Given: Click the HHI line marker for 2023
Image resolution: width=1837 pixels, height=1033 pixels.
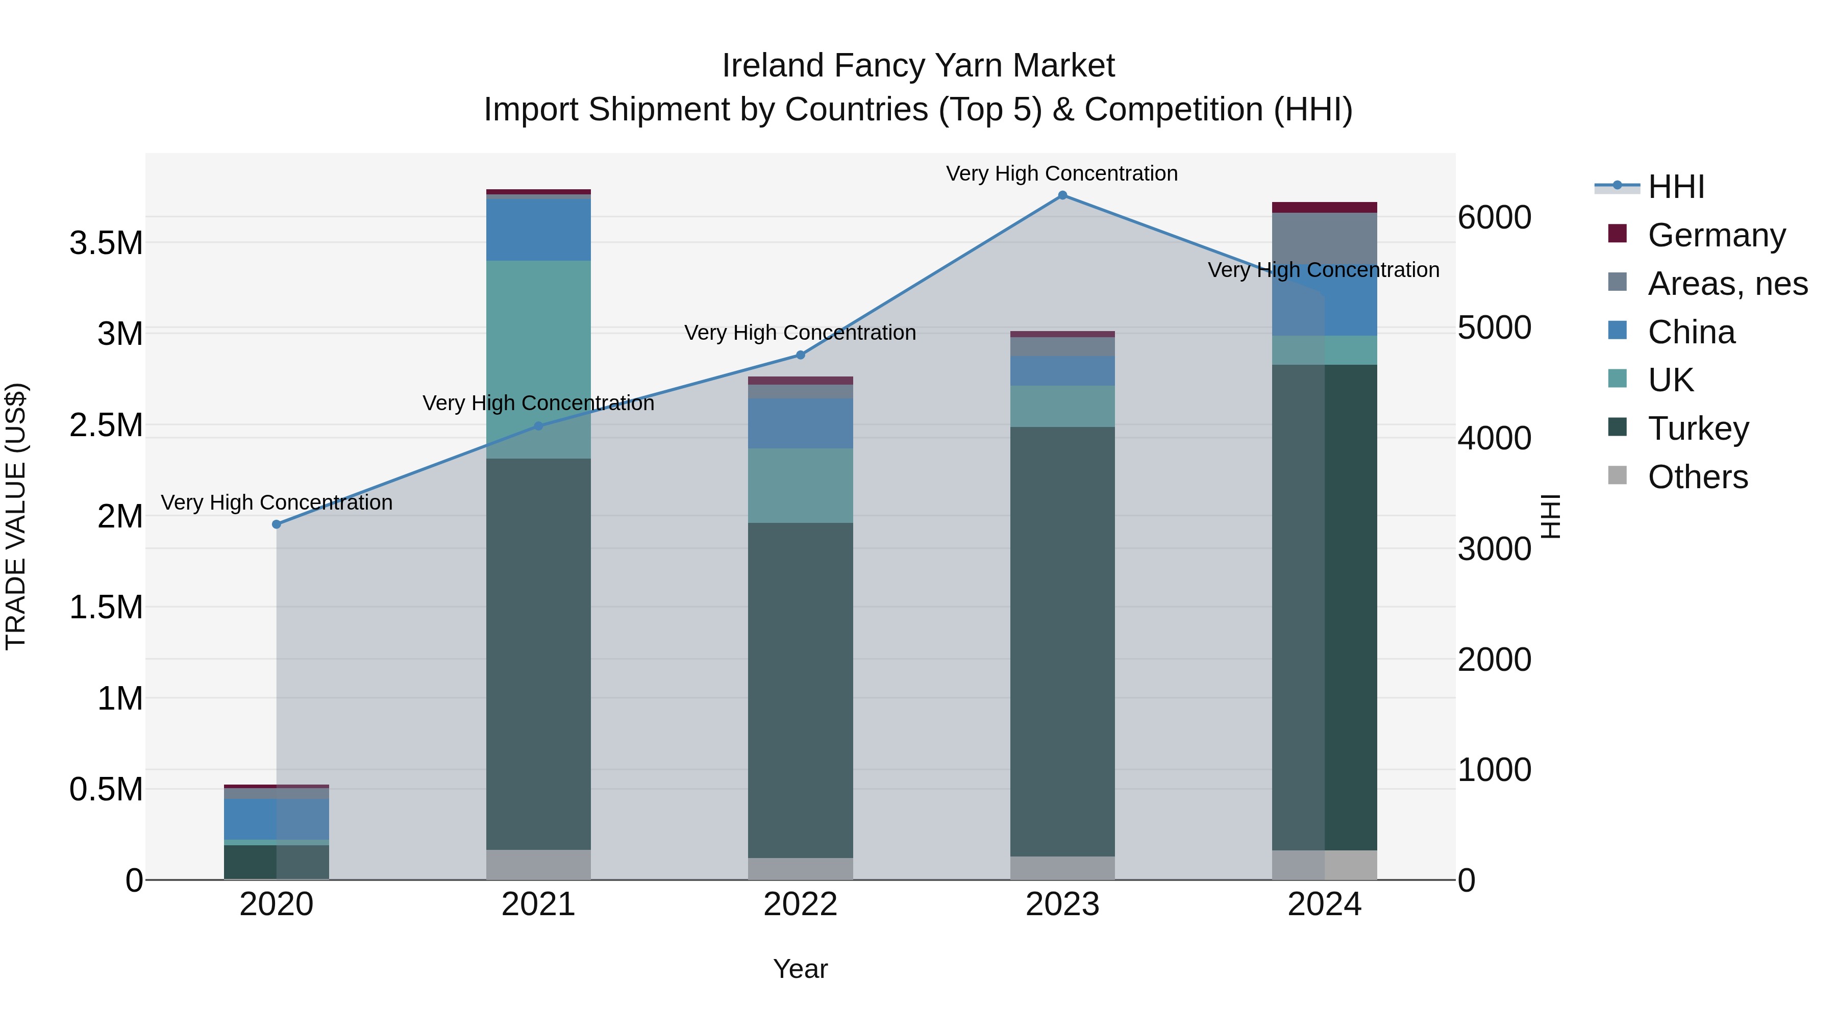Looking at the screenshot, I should (x=1062, y=195).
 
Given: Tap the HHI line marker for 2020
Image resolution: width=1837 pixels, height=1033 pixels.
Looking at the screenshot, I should (x=277, y=524).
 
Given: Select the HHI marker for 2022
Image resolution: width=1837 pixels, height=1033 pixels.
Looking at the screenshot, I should (x=800, y=355).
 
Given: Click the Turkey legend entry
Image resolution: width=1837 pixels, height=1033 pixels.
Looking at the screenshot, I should (x=1698, y=429).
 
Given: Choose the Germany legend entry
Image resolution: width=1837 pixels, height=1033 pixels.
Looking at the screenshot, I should (x=1716, y=235).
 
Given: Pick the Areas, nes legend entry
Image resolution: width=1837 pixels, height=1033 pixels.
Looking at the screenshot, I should (x=1726, y=284).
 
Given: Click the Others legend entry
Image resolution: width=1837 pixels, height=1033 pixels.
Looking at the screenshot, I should (x=1697, y=477).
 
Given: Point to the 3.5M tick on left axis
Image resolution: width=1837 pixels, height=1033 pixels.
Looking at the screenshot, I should (x=106, y=243).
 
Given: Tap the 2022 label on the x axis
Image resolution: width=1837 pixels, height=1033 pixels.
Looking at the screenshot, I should (x=800, y=904).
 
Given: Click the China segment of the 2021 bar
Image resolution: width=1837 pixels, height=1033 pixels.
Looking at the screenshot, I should (x=538, y=230).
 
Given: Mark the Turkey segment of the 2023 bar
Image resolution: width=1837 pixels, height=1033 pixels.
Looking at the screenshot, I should (x=1062, y=642).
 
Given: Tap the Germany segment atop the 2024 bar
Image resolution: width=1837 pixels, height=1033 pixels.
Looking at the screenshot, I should (x=1324, y=208).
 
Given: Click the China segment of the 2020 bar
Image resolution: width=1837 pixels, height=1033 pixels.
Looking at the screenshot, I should (x=277, y=819).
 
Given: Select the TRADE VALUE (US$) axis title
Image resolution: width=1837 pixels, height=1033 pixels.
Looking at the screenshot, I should (x=16, y=516).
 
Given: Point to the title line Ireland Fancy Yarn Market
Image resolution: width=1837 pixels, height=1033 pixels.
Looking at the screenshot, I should (x=918, y=66).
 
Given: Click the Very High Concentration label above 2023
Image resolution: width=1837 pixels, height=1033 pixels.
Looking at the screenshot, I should (x=1062, y=173).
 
